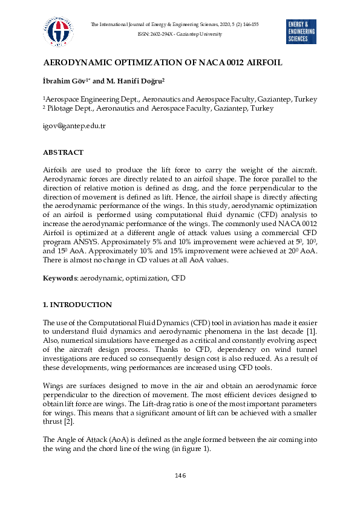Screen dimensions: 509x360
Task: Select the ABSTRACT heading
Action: [63, 152]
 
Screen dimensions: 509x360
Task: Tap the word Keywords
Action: [59, 279]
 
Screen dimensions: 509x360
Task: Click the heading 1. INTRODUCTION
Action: [77, 305]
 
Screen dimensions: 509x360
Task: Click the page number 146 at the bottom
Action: [180, 476]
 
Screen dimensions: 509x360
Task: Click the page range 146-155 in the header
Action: [248, 24]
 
